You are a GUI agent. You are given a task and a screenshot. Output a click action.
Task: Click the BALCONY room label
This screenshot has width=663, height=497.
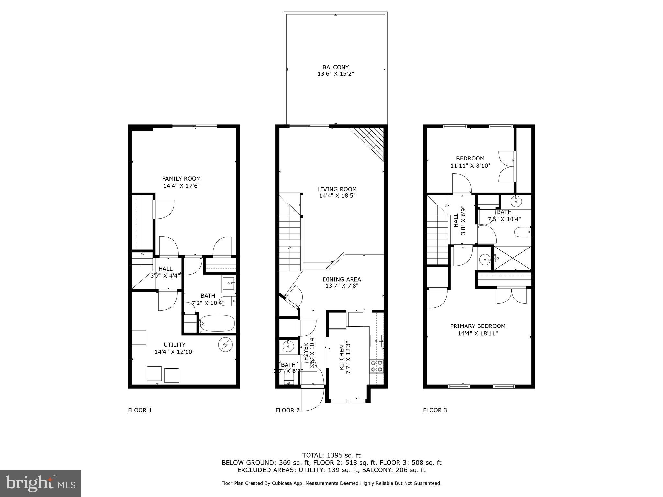click(335, 67)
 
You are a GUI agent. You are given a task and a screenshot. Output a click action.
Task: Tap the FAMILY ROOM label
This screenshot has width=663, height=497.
click(181, 179)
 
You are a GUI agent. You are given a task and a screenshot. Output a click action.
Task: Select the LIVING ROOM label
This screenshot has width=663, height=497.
click(337, 189)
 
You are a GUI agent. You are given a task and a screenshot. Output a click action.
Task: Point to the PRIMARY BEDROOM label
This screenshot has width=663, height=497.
click(478, 326)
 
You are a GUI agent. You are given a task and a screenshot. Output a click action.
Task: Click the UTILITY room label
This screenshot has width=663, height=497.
click(174, 345)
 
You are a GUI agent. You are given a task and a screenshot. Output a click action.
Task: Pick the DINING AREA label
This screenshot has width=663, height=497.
click(342, 279)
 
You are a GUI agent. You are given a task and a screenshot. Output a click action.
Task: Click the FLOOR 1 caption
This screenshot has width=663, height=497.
click(140, 410)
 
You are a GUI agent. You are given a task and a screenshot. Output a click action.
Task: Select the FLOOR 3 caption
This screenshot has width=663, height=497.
click(435, 410)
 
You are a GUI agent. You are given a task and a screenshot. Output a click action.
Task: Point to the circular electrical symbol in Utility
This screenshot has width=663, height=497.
click(224, 345)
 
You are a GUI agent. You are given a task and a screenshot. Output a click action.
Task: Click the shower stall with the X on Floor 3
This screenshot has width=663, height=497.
click(512, 258)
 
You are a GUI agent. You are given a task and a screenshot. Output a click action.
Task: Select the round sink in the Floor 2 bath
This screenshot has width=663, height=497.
click(288, 346)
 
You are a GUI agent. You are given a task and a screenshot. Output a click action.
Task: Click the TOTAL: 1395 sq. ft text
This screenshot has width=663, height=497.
click(331, 455)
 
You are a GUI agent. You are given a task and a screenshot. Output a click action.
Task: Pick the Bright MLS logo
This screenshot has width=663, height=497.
click(40, 483)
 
